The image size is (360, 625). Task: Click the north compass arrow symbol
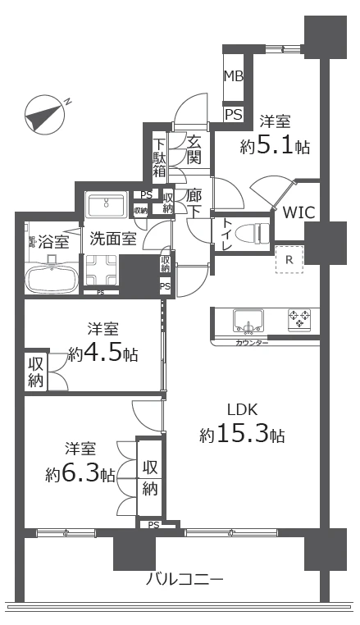[45, 113]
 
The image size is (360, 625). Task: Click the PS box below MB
[234, 115]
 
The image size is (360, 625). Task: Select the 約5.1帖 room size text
[275, 147]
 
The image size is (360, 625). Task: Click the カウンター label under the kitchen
[253, 342]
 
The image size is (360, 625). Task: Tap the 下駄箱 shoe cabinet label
[160, 158]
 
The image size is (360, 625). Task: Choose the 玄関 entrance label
[194, 151]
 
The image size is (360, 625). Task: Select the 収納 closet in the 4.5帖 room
[35, 372]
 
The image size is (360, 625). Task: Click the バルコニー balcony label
[184, 579]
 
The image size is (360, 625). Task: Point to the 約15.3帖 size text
[242, 436]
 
